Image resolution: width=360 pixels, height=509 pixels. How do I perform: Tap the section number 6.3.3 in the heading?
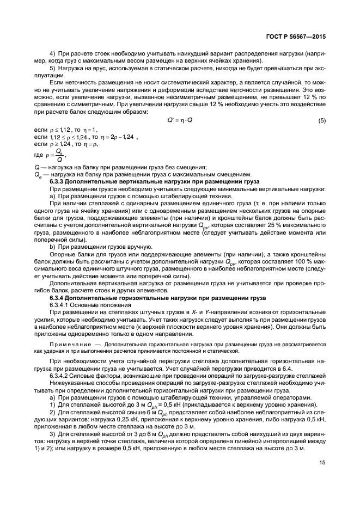pyautogui.click(x=58, y=180)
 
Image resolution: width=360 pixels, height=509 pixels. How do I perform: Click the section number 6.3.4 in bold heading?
pyautogui.click(x=58, y=298)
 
